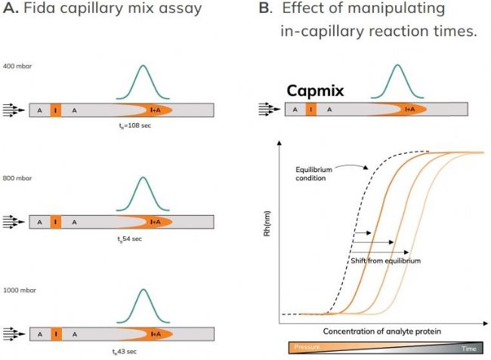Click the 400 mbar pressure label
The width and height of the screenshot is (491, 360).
pyautogui.click(x=17, y=66)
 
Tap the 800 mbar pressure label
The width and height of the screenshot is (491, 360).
pyautogui.click(x=17, y=178)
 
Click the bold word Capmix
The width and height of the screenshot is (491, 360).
pyautogui.click(x=315, y=91)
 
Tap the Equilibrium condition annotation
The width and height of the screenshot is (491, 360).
pyautogui.click(x=314, y=174)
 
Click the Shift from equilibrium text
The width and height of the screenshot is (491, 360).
pyautogui.click(x=385, y=260)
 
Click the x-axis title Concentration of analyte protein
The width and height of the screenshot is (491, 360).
pyautogui.click(x=382, y=331)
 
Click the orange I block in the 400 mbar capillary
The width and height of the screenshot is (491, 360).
pyautogui.click(x=55, y=110)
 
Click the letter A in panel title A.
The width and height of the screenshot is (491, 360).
pyautogui.click(x=9, y=9)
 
